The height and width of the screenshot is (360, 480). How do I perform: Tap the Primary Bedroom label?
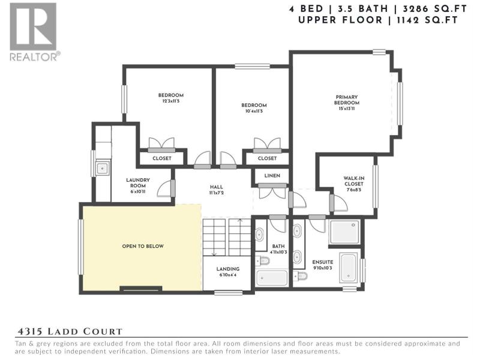347,100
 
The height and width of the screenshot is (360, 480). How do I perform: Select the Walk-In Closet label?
353,181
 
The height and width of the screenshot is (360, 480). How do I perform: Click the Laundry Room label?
138,183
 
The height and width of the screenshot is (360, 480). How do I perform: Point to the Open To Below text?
143,246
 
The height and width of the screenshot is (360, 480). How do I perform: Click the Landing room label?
228,269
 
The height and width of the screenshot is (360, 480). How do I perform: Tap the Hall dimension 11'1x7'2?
216,193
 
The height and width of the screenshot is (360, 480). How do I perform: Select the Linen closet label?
272,175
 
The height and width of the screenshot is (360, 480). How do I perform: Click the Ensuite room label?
323,262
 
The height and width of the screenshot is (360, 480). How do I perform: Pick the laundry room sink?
102,168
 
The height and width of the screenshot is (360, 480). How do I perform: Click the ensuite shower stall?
344,232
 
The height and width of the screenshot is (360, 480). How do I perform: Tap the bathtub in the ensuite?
349,268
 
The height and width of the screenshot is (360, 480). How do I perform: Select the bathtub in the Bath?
272,278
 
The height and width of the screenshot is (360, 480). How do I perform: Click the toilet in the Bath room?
263,261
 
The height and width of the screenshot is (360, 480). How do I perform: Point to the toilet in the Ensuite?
301,275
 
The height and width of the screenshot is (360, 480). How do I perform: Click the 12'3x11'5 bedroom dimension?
171,101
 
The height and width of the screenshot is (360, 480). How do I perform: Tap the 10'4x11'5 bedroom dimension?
254,111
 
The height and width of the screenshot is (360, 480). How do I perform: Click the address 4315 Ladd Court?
70,332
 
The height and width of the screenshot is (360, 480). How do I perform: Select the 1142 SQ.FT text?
427,20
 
